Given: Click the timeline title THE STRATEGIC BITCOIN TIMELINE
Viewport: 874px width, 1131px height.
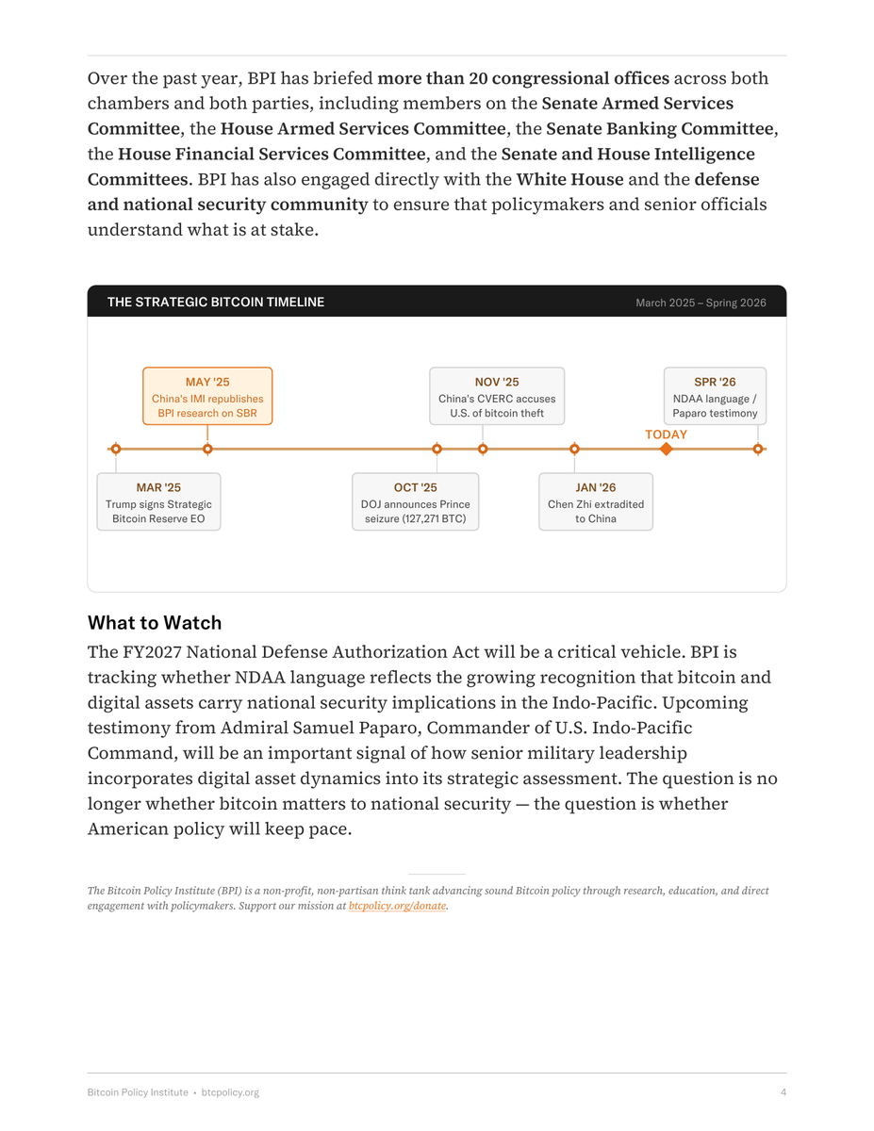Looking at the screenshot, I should [x=215, y=303].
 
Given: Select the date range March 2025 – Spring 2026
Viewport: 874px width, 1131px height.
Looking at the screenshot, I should [x=701, y=303].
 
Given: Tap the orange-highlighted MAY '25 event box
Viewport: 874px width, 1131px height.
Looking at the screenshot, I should [x=207, y=397].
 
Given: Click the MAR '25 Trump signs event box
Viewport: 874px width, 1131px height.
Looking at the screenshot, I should [x=158, y=502].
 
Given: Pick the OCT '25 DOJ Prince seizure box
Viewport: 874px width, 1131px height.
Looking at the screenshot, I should [x=415, y=502].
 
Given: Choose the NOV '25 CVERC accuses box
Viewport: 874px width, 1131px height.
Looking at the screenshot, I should [x=497, y=397].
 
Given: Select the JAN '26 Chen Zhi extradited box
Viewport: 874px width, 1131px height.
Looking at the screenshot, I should [x=596, y=502].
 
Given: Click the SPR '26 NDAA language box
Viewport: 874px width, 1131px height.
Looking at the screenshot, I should [x=715, y=397].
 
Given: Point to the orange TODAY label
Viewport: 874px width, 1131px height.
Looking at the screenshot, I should [x=666, y=434].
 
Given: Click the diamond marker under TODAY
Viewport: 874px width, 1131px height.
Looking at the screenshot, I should [x=666, y=449].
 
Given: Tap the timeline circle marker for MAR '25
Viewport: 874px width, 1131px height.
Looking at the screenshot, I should [x=116, y=449].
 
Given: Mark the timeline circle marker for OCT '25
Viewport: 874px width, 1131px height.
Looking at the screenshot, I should [x=437, y=449].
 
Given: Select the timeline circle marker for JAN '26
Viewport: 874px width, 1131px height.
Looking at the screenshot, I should [x=574, y=449].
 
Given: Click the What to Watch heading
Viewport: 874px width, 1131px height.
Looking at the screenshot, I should [x=155, y=623].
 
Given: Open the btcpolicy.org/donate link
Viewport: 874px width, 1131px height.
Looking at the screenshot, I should [x=397, y=906].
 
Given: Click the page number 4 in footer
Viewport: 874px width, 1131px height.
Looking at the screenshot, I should [x=783, y=1092].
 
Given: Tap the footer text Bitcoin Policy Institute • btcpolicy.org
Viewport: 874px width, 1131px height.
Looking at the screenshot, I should [x=173, y=1092].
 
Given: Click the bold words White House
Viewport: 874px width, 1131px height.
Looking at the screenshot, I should [x=569, y=179].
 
